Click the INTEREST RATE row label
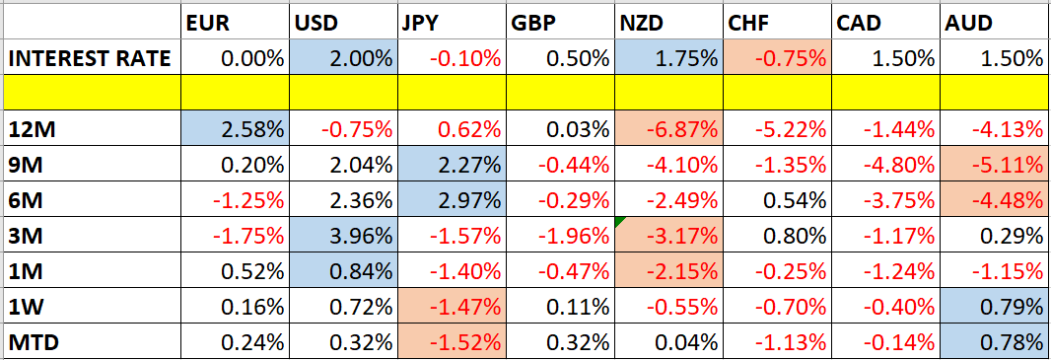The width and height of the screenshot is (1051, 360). (x=90, y=58)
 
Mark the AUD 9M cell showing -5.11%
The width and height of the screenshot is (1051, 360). (x=1010, y=166)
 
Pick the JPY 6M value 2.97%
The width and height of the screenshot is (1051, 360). (x=468, y=201)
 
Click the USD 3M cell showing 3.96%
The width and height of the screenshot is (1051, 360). (x=360, y=237)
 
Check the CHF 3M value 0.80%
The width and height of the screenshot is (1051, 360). (x=797, y=237)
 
